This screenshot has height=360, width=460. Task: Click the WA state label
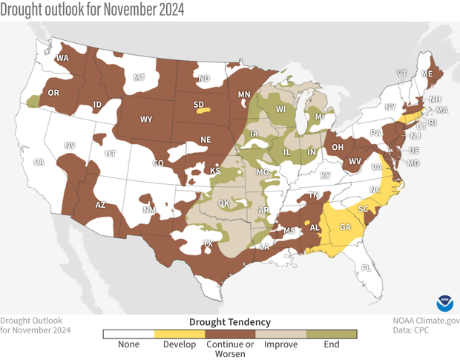click(63, 58)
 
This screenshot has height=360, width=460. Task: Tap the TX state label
click(208, 243)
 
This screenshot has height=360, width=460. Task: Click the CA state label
click(39, 162)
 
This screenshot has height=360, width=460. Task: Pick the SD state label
click(197, 105)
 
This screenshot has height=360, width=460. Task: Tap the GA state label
click(345, 228)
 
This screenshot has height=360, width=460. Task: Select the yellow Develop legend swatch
click(179, 334)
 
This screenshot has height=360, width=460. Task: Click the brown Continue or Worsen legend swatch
click(230, 334)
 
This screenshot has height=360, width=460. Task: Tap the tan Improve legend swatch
click(281, 334)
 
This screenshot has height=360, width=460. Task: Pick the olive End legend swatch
click(332, 334)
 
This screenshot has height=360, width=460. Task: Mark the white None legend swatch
click(128, 334)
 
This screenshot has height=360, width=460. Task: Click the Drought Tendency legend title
click(230, 321)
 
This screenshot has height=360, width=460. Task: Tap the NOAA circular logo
click(445, 303)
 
